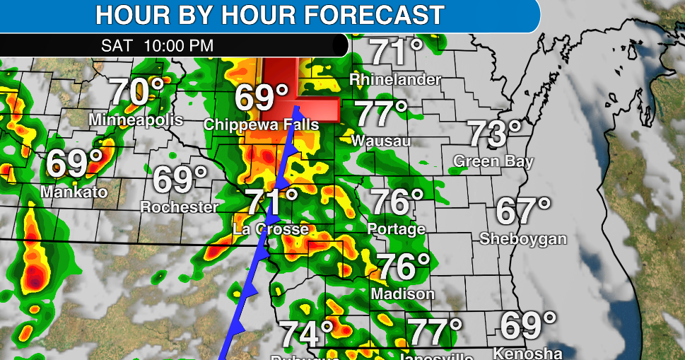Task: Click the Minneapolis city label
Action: click(136, 120)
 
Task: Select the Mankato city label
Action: click(74, 192)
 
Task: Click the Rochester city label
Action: click(180, 207)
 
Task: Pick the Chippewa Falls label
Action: click(261, 124)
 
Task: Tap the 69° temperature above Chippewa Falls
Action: click(262, 98)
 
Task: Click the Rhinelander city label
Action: click(396, 79)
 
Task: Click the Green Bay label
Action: click(493, 161)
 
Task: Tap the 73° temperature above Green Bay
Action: click(496, 134)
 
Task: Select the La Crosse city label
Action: click(271, 229)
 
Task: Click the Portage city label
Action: click(397, 228)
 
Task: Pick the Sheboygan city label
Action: click(523, 238)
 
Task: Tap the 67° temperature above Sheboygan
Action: click(523, 211)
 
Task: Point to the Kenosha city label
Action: click(527, 353)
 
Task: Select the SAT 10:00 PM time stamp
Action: click(157, 46)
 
